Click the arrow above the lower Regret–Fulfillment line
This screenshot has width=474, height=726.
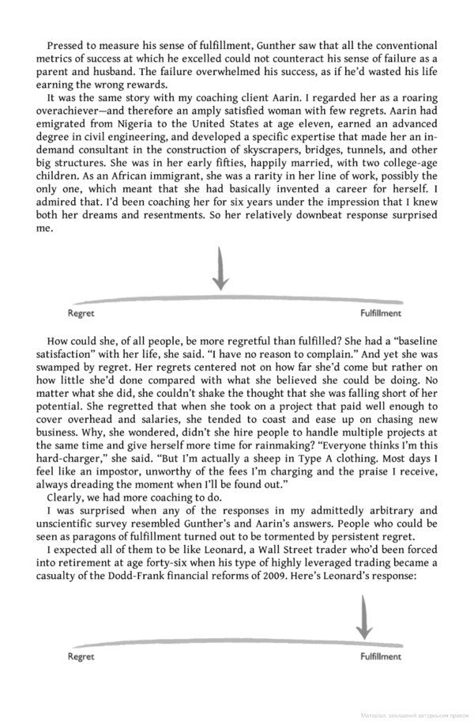coord(364,616)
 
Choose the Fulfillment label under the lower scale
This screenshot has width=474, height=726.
coord(382,656)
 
